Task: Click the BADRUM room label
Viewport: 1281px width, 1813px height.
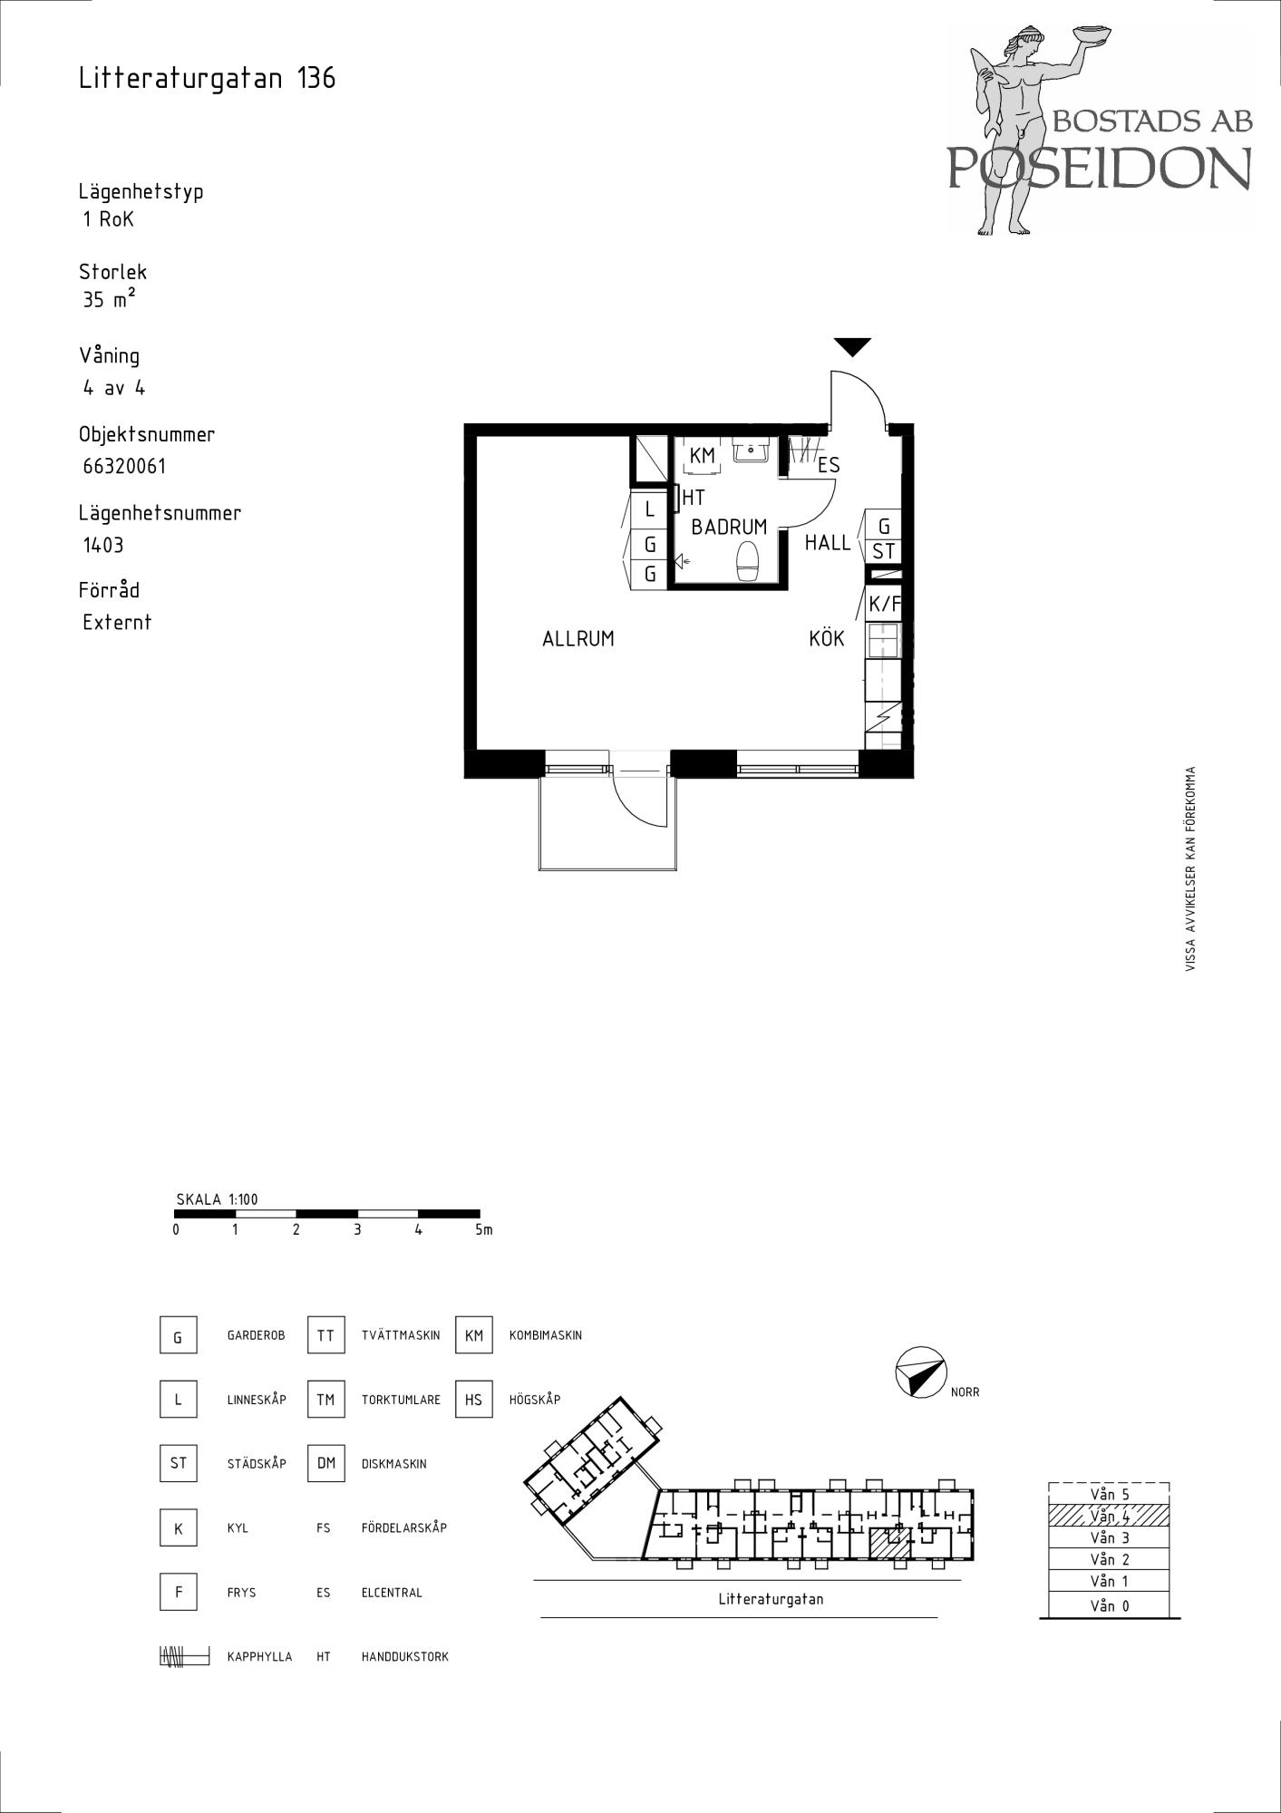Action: [729, 527]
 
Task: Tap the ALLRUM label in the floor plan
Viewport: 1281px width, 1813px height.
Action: [578, 639]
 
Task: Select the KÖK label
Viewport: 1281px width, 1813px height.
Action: [827, 638]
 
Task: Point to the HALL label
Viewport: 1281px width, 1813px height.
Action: [828, 543]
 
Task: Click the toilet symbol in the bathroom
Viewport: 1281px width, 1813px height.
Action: [748, 561]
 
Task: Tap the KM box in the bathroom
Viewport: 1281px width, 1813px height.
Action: [703, 456]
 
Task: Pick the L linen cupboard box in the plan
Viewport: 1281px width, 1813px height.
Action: [649, 510]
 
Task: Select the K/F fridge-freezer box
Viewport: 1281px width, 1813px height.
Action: [884, 604]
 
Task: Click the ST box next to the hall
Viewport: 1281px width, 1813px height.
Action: [884, 551]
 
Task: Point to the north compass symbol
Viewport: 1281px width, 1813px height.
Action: [920, 1372]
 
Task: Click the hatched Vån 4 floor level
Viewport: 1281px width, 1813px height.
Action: [1109, 1516]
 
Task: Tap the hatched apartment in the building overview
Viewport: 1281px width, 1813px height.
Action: [889, 1543]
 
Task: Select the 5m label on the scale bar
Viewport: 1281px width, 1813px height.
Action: [483, 1230]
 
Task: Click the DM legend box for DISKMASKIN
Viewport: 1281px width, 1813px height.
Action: [326, 1463]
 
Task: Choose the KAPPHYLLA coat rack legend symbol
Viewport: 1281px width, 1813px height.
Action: [184, 1656]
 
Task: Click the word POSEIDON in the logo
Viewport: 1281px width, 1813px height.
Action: [1100, 167]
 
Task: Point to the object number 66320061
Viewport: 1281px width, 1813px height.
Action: [124, 467]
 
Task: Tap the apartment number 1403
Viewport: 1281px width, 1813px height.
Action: [102, 545]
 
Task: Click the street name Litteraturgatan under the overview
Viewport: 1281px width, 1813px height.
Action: [772, 1599]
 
